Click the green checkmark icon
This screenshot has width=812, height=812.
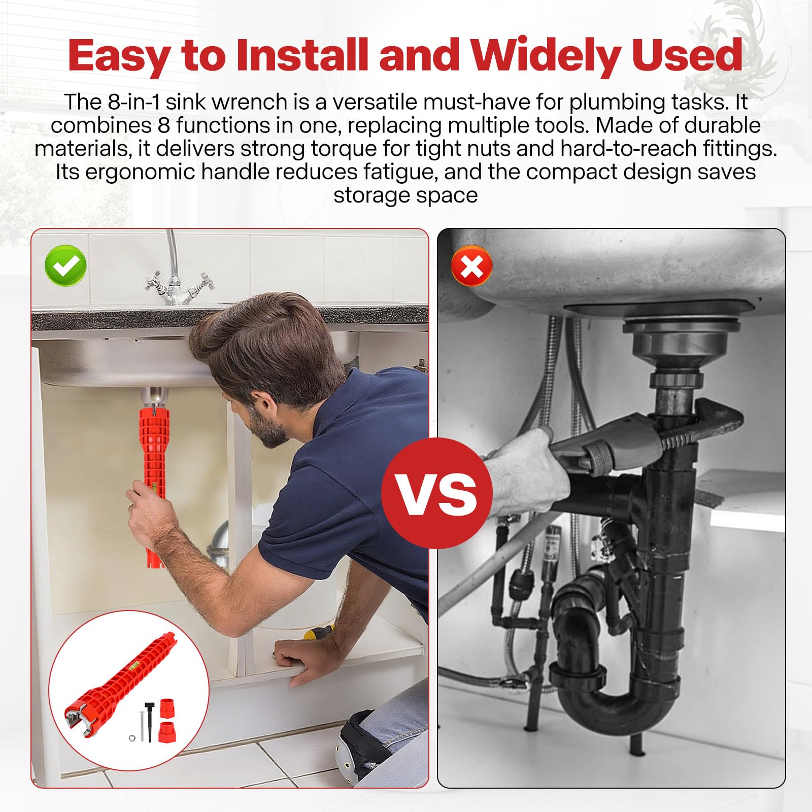(x=65, y=265)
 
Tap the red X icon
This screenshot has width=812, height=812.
(x=471, y=266)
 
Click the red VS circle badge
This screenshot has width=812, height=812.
(x=437, y=493)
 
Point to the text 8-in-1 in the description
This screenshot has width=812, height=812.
(x=133, y=103)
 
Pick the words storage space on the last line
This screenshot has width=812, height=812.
(x=405, y=195)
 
